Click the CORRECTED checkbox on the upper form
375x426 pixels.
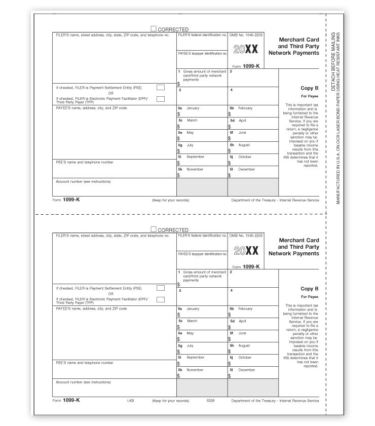[x=154, y=29]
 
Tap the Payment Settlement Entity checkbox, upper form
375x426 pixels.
[x=161, y=88]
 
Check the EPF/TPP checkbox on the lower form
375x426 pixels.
[x=161, y=299]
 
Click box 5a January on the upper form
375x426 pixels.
[x=202, y=111]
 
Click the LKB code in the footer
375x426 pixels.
[x=130, y=400]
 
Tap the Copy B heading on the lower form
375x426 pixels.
[x=309, y=289]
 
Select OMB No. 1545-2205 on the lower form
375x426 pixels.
[x=246, y=236]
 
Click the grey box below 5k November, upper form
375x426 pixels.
[x=202, y=187]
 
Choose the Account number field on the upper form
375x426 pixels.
[x=114, y=187]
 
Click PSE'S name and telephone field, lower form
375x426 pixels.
[x=114, y=369]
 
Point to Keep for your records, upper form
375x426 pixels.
[x=170, y=200]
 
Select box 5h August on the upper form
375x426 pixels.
[x=253, y=148]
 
